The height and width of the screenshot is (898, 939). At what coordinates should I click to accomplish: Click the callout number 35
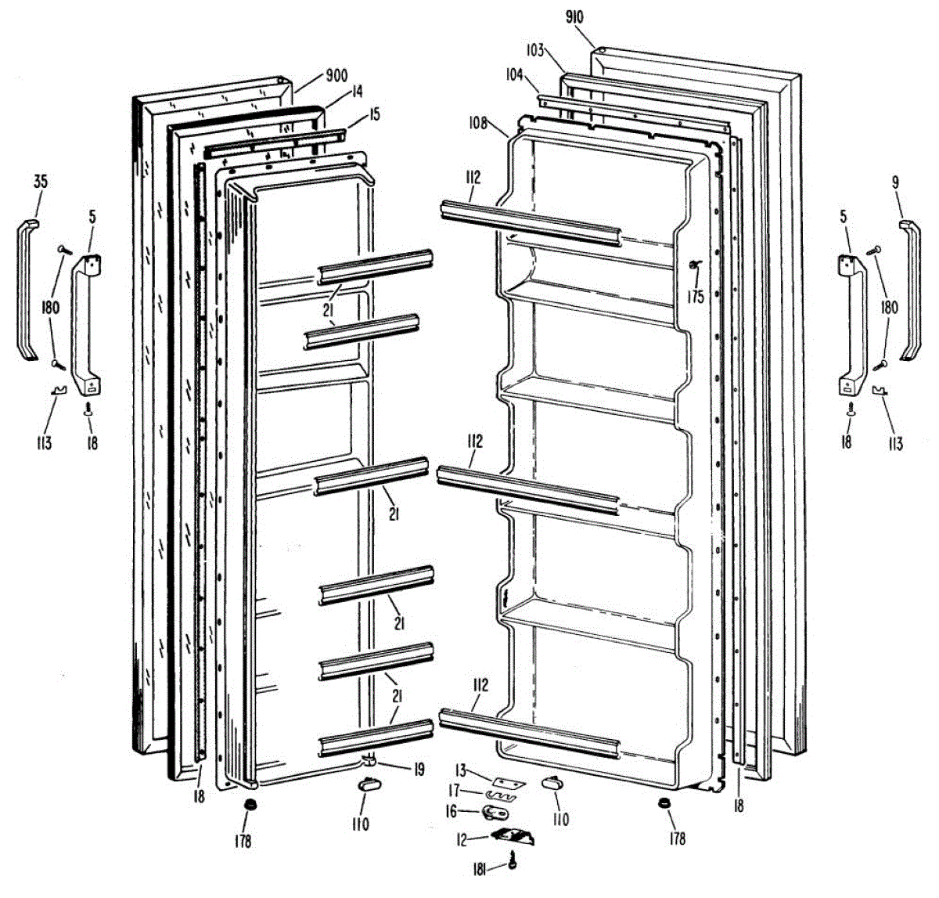click(41, 182)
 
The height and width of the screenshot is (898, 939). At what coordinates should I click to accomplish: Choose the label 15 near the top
click(375, 115)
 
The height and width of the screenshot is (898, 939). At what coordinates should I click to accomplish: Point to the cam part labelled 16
click(495, 813)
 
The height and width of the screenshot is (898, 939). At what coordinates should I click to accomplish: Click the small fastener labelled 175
click(693, 267)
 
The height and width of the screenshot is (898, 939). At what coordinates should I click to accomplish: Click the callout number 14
click(357, 92)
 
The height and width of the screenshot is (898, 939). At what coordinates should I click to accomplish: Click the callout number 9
click(896, 182)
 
